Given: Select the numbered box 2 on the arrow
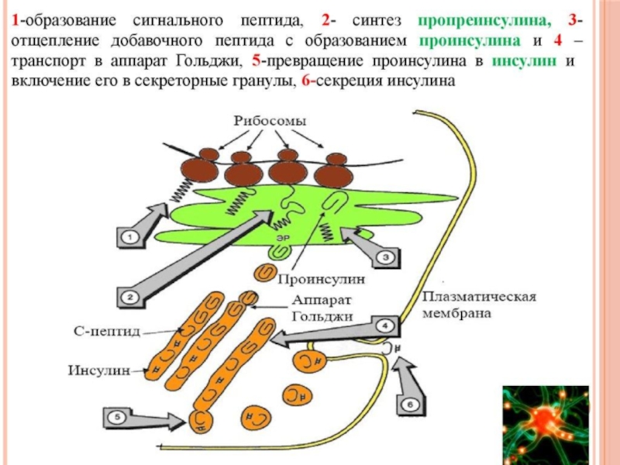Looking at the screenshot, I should (x=129, y=294).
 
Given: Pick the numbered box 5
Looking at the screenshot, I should (x=409, y=404).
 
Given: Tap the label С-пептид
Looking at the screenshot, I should (x=102, y=331).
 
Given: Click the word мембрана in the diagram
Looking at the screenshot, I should (x=460, y=314).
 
